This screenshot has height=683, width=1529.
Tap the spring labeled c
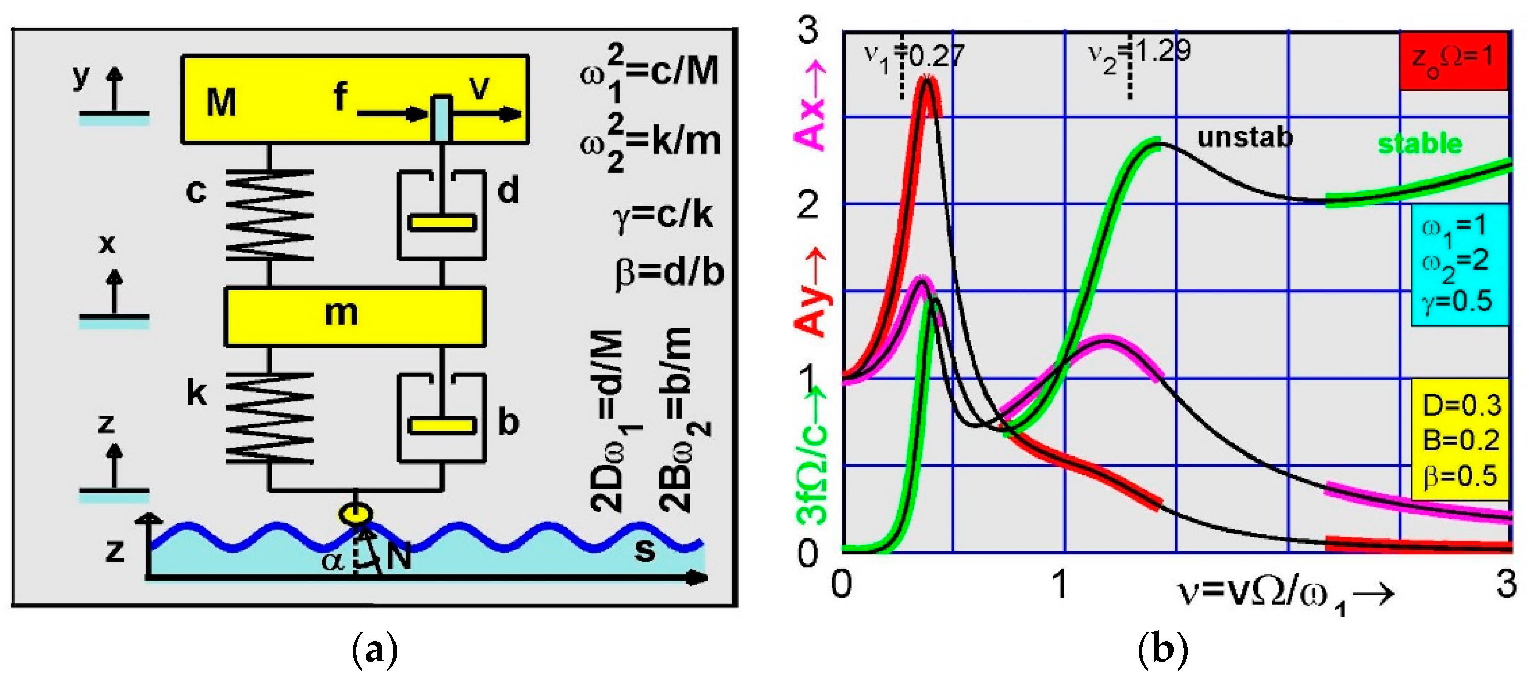(269, 215)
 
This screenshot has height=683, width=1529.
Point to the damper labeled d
(441, 216)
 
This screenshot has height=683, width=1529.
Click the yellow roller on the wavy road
(356, 513)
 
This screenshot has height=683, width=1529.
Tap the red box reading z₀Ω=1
(1452, 61)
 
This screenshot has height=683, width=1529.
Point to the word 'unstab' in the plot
(1244, 138)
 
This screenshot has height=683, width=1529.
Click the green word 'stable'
(1420, 144)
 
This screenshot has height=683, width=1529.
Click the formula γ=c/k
(662, 215)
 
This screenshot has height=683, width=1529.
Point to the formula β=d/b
(669, 273)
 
